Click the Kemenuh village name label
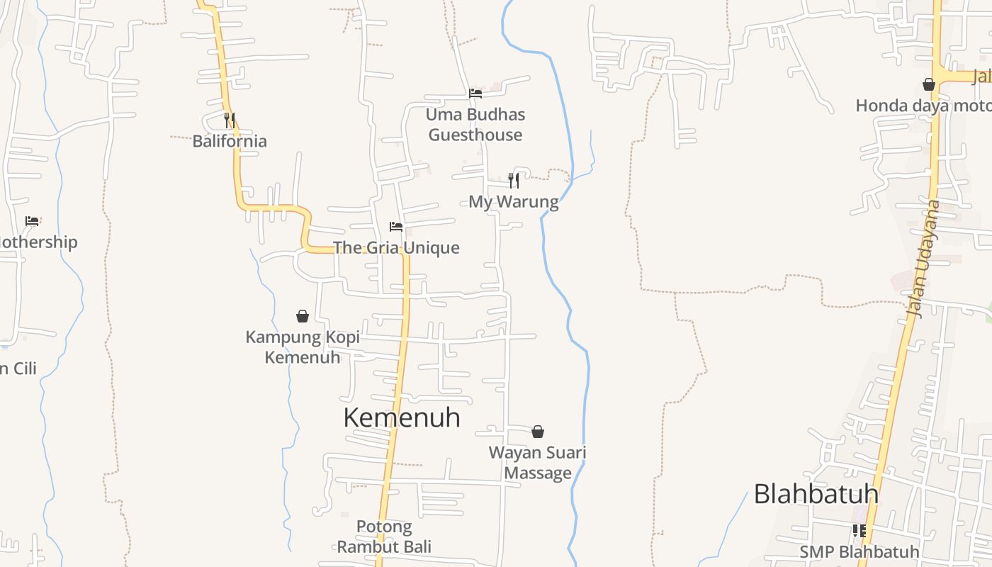click(x=402, y=417)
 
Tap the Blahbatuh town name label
click(x=816, y=494)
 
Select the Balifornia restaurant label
click(x=230, y=141)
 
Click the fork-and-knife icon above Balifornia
click(x=230, y=120)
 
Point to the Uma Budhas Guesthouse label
click(x=475, y=125)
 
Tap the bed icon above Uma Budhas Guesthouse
click(x=475, y=93)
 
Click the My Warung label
click(x=514, y=202)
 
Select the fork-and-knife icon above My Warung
click(x=514, y=181)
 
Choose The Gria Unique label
click(x=396, y=248)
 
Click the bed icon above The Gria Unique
click(x=396, y=227)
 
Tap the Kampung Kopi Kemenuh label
click(x=303, y=347)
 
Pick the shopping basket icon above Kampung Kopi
click(x=303, y=316)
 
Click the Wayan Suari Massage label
click(x=538, y=463)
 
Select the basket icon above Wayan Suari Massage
click(x=538, y=432)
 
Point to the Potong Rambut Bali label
click(x=384, y=537)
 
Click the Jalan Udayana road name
click(x=925, y=259)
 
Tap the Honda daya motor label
click(x=923, y=106)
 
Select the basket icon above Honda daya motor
click(x=929, y=85)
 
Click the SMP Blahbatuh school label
click(x=859, y=551)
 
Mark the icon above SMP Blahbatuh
click(x=859, y=530)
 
